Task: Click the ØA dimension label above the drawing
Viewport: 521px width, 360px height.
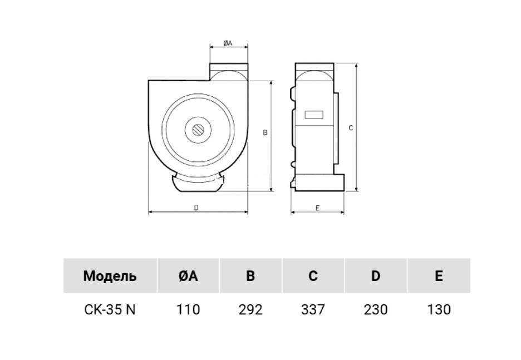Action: pyautogui.click(x=228, y=43)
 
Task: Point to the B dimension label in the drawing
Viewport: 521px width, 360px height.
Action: pyautogui.click(x=265, y=132)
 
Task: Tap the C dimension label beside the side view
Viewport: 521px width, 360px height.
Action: pyautogui.click(x=351, y=128)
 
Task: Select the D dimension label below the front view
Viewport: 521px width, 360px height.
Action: pyautogui.click(x=196, y=208)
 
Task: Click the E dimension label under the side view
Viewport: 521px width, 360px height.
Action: pyautogui.click(x=318, y=208)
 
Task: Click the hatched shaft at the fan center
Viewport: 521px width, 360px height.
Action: pyautogui.click(x=198, y=130)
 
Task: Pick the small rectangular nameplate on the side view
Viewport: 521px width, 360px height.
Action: pyautogui.click(x=314, y=115)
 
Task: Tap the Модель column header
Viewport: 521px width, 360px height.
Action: pyautogui.click(x=110, y=276)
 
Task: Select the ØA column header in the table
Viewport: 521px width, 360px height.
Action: pyautogui.click(x=188, y=276)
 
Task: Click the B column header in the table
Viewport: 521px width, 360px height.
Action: pyautogui.click(x=250, y=276)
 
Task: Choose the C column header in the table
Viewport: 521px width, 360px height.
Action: pyautogui.click(x=313, y=276)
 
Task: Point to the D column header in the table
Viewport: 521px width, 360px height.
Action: pyautogui.click(x=376, y=276)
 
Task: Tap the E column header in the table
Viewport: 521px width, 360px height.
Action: pyautogui.click(x=439, y=276)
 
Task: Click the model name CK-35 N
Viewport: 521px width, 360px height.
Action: pyautogui.click(x=110, y=309)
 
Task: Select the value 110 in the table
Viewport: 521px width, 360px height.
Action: pyautogui.click(x=188, y=309)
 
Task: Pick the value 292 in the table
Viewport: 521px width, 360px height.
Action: pyautogui.click(x=250, y=309)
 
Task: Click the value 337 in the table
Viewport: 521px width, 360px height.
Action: pyautogui.click(x=313, y=309)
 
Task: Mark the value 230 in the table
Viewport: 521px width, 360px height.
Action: pyautogui.click(x=376, y=309)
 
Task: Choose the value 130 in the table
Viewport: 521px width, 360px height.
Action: pyautogui.click(x=439, y=309)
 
